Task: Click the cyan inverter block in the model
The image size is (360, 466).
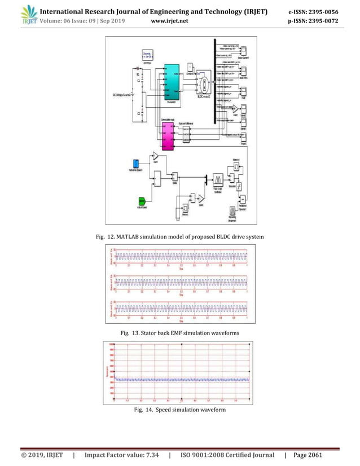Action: click(172, 82)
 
